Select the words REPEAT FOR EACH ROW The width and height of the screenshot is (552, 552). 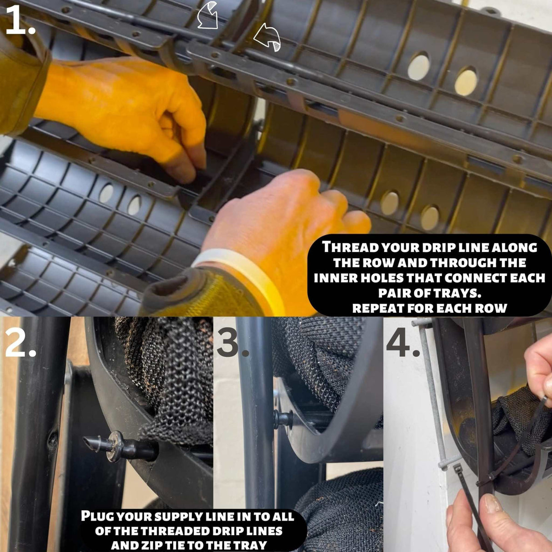[x=429, y=308]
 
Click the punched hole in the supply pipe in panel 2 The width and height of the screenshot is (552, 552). [x=52, y=439]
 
